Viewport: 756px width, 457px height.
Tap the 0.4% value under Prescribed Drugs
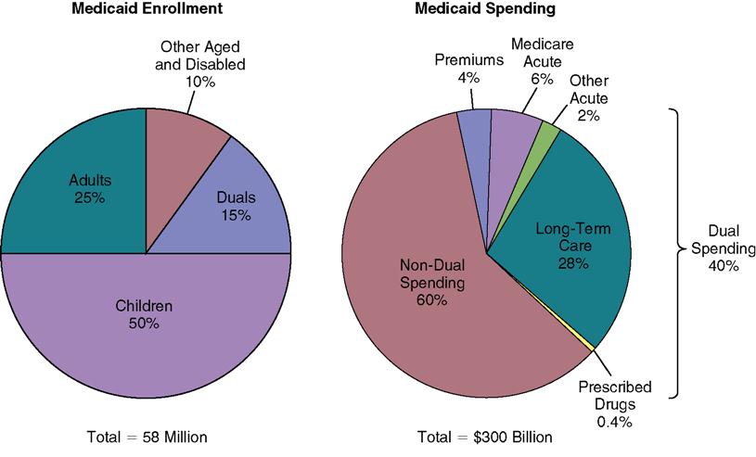coord(615,422)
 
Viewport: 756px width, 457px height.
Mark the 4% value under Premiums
coord(468,78)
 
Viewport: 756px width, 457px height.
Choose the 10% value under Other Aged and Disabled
coord(201,82)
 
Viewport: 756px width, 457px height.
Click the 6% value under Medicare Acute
coord(542,81)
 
